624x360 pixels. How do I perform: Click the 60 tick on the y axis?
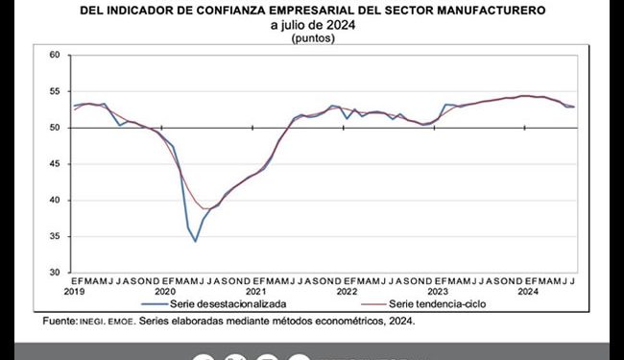click(x=55, y=56)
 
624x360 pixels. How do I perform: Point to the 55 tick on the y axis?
click(x=55, y=92)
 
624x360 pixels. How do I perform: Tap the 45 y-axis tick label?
click(x=55, y=164)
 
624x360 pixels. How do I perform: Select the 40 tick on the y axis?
click(x=55, y=201)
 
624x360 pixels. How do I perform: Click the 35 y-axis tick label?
click(x=55, y=236)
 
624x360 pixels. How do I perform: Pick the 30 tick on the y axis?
click(x=55, y=273)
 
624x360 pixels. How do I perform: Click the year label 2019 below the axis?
click(x=75, y=290)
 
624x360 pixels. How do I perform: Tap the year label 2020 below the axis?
click(x=165, y=290)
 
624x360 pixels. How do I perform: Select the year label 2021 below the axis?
click(x=256, y=290)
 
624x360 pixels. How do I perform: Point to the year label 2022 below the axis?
click(x=347, y=290)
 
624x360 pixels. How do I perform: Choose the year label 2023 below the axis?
click(x=438, y=290)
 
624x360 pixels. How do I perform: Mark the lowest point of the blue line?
click(x=196, y=241)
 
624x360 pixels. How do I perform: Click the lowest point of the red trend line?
click(x=205, y=208)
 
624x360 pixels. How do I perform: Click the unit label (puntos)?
click(x=313, y=38)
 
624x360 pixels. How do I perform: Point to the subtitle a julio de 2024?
click(x=314, y=25)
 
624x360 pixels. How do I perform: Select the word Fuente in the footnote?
click(x=60, y=322)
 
